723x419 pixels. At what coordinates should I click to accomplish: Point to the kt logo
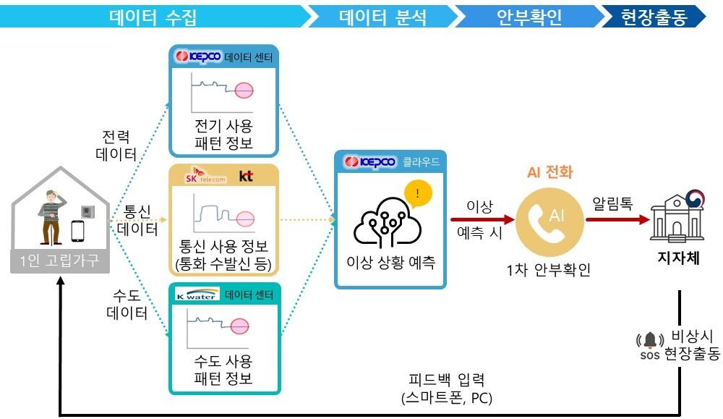coord(247,175)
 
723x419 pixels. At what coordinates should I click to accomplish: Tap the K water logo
coord(197,295)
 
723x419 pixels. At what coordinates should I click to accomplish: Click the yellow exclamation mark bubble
coord(416,193)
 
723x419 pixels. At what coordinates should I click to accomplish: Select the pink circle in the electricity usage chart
coord(244,90)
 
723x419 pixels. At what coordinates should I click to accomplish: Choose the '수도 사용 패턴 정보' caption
coord(223,369)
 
